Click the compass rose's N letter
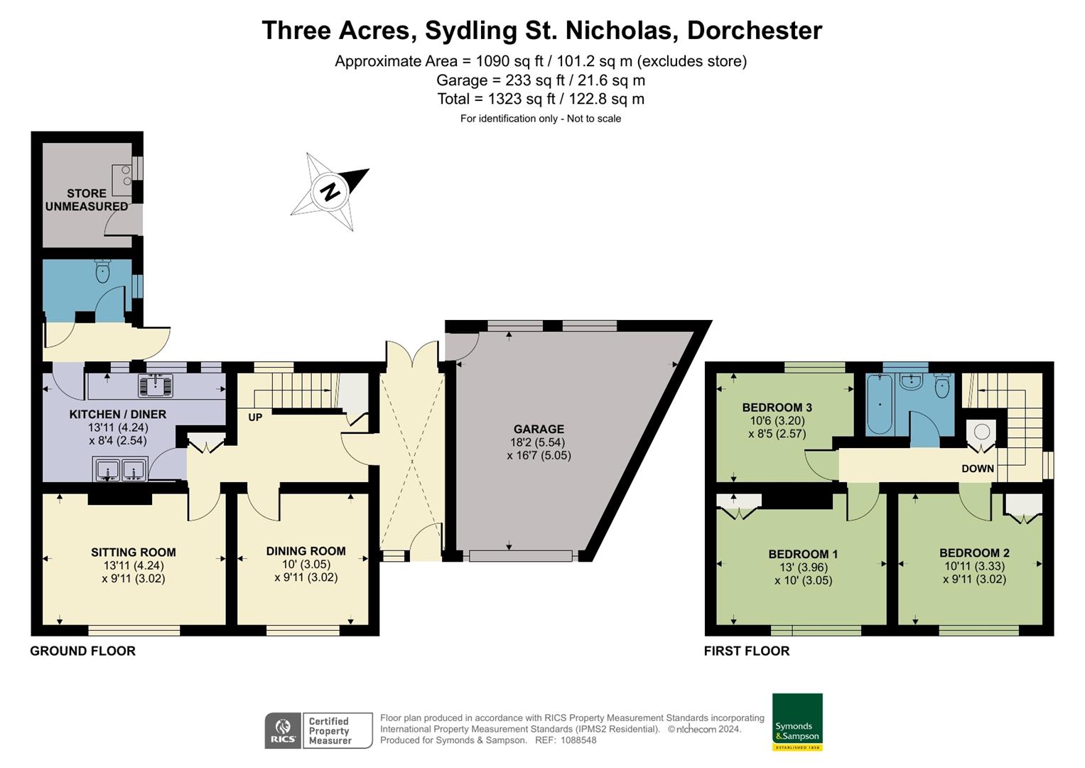tap(329, 192)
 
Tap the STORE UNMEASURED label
tap(87, 200)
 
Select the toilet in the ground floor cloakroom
tap(103, 271)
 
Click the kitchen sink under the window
tap(156, 385)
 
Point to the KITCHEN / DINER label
tap(117, 414)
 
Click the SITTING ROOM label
tap(133, 552)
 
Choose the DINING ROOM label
tap(306, 551)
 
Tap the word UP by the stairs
tap(255, 417)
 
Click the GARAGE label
tap(539, 429)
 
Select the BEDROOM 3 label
tap(777, 407)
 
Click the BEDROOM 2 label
tap(974, 553)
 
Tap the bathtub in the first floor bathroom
tap(880, 404)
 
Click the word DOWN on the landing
tap(978, 469)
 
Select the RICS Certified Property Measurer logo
tap(318, 730)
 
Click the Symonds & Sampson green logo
tap(797, 722)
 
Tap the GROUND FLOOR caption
tap(82, 651)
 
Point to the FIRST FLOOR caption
tap(746, 651)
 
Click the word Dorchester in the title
tap(755, 31)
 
